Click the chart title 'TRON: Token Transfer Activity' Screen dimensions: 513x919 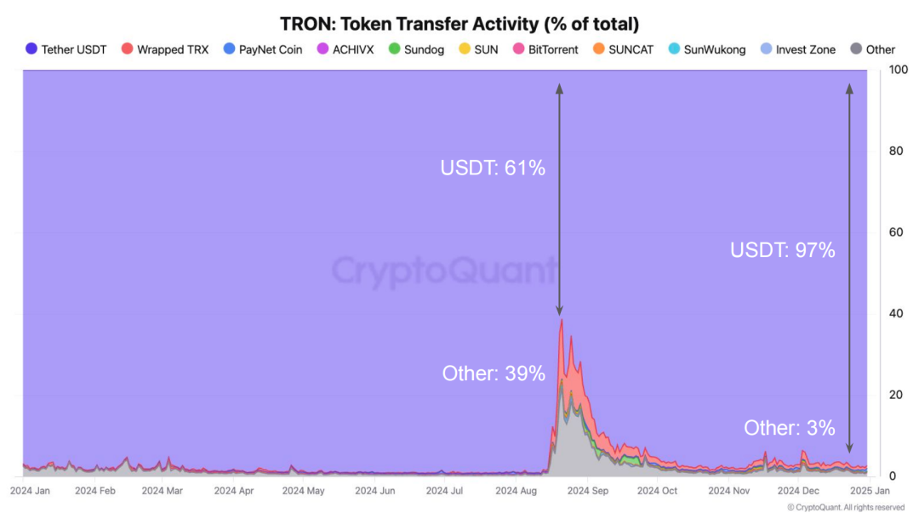tap(459, 23)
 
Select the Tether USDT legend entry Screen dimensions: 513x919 tap(66, 49)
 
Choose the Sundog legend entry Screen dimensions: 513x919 tap(415, 49)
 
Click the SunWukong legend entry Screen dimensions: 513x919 tap(706, 49)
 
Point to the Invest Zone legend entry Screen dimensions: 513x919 tap(797, 49)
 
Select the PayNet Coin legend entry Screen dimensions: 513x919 tap(262, 49)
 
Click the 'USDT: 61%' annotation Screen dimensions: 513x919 tap(493, 168)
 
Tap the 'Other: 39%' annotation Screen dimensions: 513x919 tap(494, 373)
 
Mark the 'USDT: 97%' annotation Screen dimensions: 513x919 tap(783, 250)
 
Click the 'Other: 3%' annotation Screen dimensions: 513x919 tap(790, 428)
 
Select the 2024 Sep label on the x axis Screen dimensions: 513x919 tap(587, 491)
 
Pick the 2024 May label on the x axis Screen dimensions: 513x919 tap(304, 491)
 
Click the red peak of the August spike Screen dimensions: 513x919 tap(561, 321)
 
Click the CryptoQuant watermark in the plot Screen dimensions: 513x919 tap(443, 271)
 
